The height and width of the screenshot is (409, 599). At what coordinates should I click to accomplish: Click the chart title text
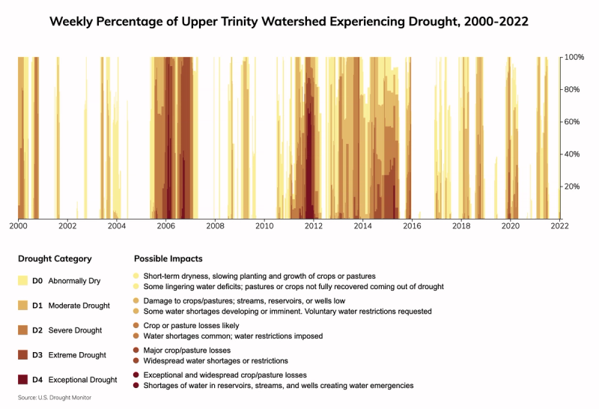[289, 22]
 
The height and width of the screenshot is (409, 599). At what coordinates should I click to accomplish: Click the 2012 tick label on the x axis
[313, 225]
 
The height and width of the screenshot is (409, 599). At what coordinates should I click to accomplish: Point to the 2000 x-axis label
[18, 225]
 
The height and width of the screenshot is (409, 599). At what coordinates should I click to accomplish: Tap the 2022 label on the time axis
[559, 225]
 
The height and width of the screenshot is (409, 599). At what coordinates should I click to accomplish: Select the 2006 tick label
[165, 225]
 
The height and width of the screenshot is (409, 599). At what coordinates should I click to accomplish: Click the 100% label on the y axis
[574, 57]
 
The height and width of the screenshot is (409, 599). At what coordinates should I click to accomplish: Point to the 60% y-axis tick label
[573, 121]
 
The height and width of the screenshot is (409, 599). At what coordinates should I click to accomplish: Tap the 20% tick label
[573, 187]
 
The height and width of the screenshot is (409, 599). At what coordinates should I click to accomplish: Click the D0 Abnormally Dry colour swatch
[22, 281]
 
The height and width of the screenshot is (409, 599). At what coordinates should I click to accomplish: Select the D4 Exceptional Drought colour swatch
[22, 380]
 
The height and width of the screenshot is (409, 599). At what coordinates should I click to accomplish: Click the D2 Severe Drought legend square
[22, 330]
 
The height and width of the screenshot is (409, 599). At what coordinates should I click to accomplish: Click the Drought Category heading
[55, 258]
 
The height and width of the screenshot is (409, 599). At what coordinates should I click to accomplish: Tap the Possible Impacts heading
[168, 258]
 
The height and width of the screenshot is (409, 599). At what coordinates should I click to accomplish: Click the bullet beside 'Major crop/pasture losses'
[136, 350]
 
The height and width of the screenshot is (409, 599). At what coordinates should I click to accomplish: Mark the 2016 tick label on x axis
[411, 225]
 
